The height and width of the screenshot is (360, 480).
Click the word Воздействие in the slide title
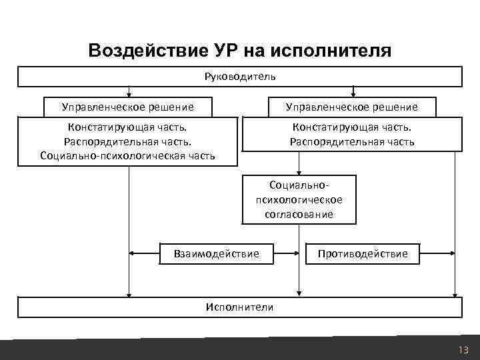click(139, 51)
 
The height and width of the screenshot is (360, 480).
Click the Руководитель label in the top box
click(240, 76)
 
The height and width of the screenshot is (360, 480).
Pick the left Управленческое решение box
click(128, 107)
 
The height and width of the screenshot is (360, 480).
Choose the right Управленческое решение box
click(351, 107)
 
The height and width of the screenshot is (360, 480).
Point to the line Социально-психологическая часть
click(128, 156)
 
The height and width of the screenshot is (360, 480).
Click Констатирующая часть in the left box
click(128, 127)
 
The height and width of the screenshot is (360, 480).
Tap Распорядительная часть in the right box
click(351, 141)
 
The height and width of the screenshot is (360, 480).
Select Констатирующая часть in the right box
click(351, 127)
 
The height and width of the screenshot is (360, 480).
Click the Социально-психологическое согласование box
click(299, 199)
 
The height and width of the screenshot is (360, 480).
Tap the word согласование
click(299, 215)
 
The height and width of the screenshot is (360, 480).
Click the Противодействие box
click(363, 253)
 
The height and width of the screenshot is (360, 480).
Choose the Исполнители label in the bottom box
click(240, 307)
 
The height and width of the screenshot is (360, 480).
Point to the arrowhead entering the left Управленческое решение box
click(129, 94)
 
